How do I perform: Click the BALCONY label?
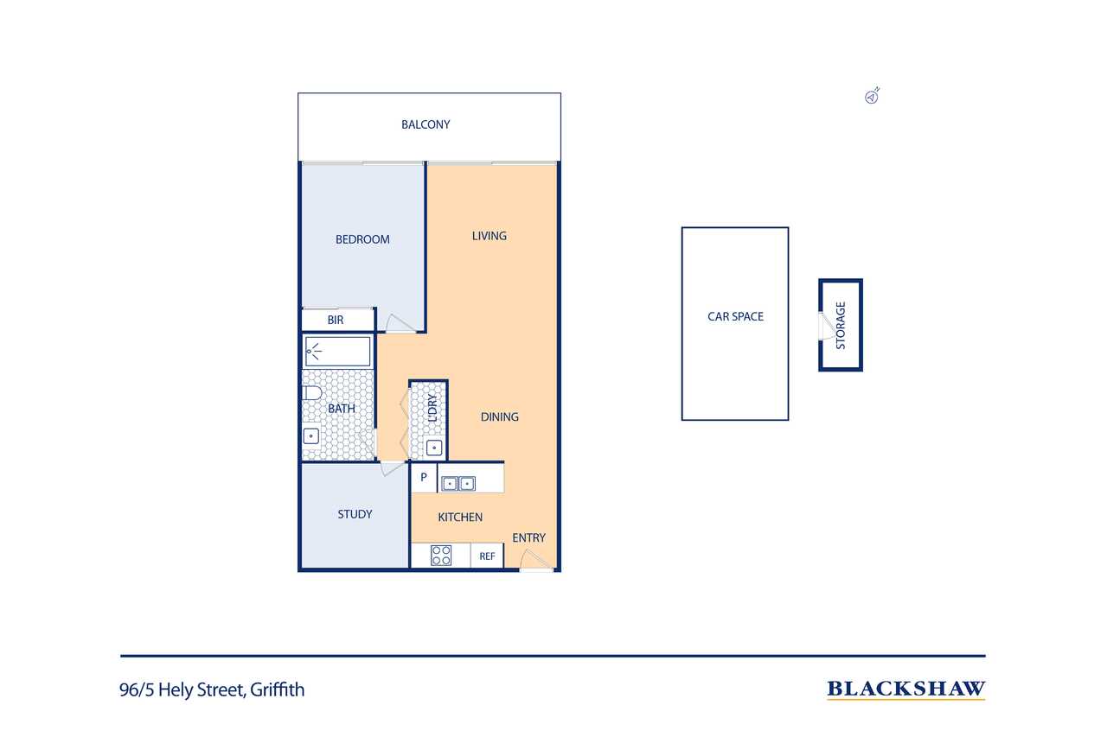point(426,124)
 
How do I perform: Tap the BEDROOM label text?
point(362,239)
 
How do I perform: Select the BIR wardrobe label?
point(335,320)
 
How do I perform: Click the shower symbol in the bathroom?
point(314,352)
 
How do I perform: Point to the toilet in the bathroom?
point(312,393)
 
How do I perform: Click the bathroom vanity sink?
point(310,436)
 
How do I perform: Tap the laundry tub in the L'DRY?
point(434,448)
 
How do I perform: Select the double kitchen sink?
point(458,483)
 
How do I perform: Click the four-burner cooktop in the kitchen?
point(441,555)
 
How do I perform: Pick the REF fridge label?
point(487,556)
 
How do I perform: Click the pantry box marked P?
point(424,478)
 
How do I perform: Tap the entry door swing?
point(536,560)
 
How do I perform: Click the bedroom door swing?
point(400,323)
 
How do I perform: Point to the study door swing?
point(392,468)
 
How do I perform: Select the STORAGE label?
point(840,326)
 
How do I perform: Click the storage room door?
point(826,326)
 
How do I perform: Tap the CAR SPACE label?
point(735,316)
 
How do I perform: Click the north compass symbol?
point(872,96)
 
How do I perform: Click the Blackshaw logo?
point(905,689)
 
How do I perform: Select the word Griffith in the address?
point(278,689)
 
